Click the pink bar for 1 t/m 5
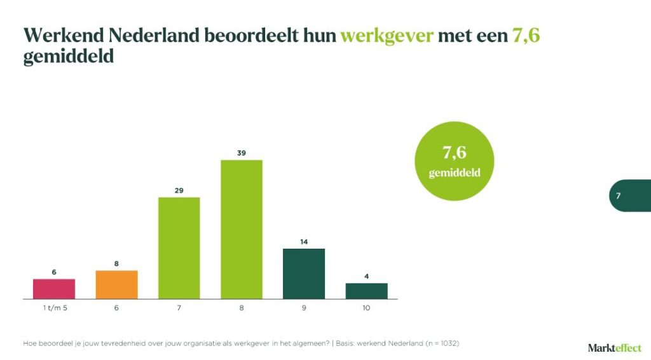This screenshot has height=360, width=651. pos(54,289)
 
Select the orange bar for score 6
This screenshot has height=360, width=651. pos(116,284)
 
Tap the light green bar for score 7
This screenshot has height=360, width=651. pos(179,248)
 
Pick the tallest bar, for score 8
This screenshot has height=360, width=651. pos(242,229)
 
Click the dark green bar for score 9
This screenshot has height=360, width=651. pos(304,273)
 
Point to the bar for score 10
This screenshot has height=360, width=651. pos(366,291)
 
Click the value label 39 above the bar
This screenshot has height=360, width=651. pos(242,153)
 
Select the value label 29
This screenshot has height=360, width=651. pos(179,190)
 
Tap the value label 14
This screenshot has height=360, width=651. pos(304,242)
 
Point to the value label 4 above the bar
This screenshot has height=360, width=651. pos(366,276)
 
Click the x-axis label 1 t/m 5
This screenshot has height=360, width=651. pos(54,308)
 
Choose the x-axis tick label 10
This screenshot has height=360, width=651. pos(366,308)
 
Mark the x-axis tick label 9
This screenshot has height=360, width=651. pos(304,308)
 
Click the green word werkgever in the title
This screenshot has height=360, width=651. pos(387,35)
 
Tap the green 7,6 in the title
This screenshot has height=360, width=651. pos(526,35)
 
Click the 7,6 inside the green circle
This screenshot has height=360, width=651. pos(454,153)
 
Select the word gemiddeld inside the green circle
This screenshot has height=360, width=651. pos(454,173)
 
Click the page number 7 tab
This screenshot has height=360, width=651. pos(619,196)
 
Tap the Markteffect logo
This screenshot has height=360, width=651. pos(615,347)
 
